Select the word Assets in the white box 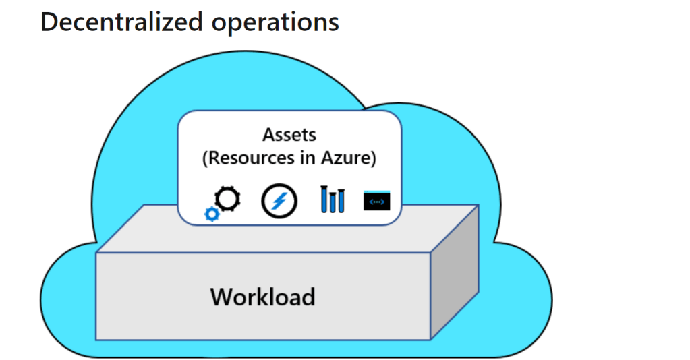point(289,135)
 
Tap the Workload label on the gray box point(262,297)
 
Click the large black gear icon point(227,198)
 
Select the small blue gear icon point(211,214)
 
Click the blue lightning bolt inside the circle point(279,201)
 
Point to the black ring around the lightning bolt point(264,201)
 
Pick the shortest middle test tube point(333,204)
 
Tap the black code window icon point(377,201)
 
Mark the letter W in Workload point(221,297)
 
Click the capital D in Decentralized point(49,22)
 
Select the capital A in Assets point(268,135)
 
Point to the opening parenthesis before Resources point(205,159)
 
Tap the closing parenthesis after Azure point(373,159)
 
